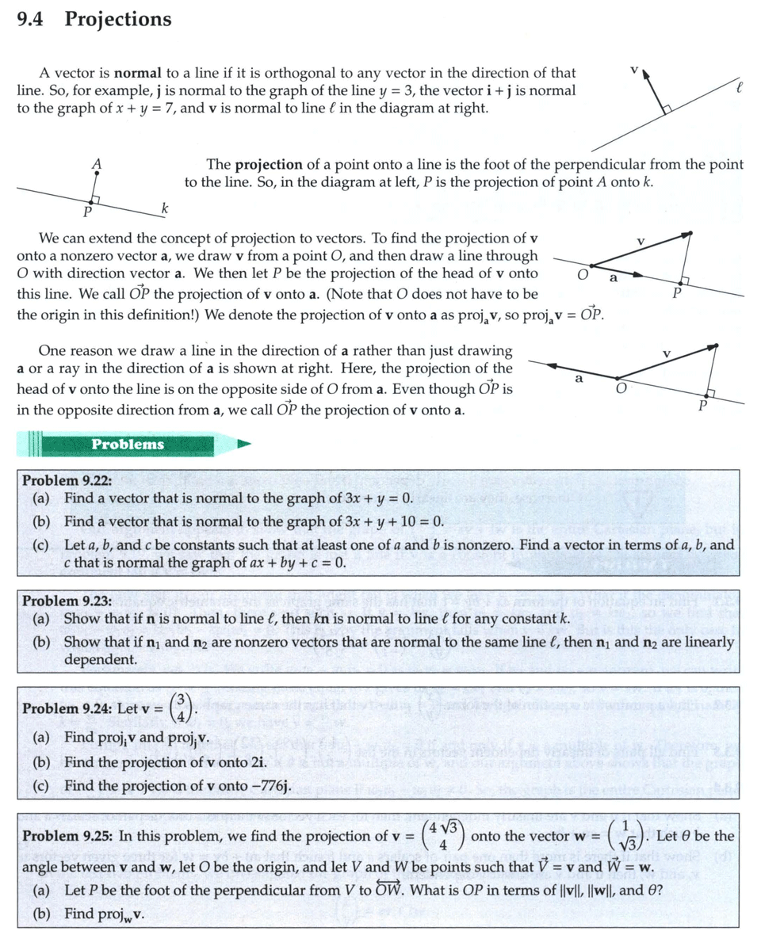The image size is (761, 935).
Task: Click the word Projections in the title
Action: tap(117, 20)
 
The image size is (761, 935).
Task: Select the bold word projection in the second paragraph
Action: tap(268, 165)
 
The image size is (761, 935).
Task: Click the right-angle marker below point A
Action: tap(95, 199)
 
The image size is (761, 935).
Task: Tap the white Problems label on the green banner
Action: tap(127, 445)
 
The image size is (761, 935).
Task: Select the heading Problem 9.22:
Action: tap(67, 481)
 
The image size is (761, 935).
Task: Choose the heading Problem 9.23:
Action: tap(67, 601)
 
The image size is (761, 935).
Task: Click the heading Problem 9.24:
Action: tap(67, 708)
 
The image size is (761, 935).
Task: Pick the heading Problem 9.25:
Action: tap(67, 836)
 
